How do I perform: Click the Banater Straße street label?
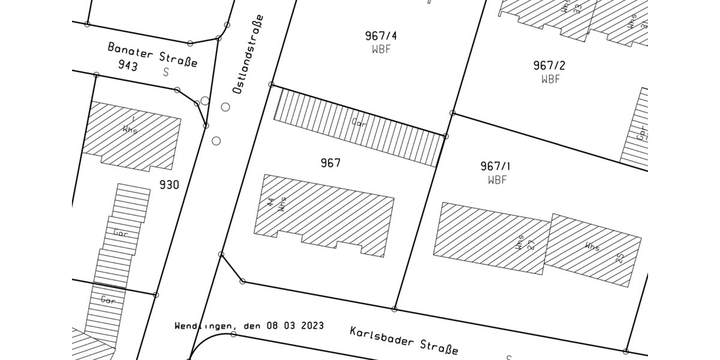pos(152,54)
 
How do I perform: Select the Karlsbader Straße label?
pos(404,340)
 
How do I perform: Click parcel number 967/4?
pos(381,36)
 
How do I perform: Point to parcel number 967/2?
pos(549,65)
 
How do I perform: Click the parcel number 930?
pos(169,185)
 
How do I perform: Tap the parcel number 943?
pos(127,65)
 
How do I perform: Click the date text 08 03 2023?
pos(294,326)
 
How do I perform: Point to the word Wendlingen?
pos(202,326)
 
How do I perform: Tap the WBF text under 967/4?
pos(381,49)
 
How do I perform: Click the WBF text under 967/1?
pos(497,179)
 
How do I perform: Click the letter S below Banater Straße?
pos(166,73)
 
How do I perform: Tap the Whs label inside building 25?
pos(592,246)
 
